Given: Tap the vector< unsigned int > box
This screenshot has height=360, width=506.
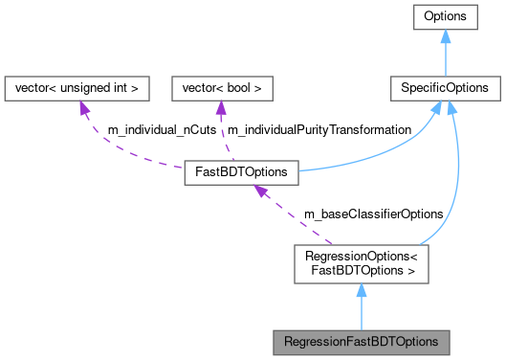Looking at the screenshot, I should [x=77, y=88].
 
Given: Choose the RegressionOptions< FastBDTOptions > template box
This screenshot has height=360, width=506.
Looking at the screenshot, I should [x=361, y=262].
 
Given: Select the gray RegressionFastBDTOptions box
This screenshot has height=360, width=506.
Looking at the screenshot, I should [x=361, y=341].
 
